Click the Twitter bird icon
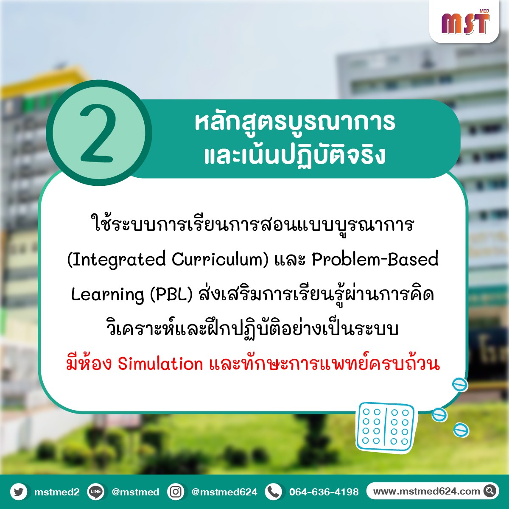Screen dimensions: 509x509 [x=19, y=492]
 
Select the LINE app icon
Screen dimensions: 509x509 [x=95, y=492]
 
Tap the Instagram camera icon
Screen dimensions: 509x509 [x=176, y=492]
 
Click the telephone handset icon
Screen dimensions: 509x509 [x=274, y=492]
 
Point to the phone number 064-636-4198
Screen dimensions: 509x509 [x=324, y=492]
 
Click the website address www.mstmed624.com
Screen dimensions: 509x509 [x=426, y=491]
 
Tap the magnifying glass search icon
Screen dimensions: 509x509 [x=490, y=491]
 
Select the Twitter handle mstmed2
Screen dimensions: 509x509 [x=57, y=492]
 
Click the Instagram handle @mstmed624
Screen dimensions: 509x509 [x=224, y=492]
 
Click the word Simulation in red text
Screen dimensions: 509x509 [x=160, y=364]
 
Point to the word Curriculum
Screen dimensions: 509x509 [x=220, y=260]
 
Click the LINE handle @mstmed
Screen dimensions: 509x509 [x=135, y=492]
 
